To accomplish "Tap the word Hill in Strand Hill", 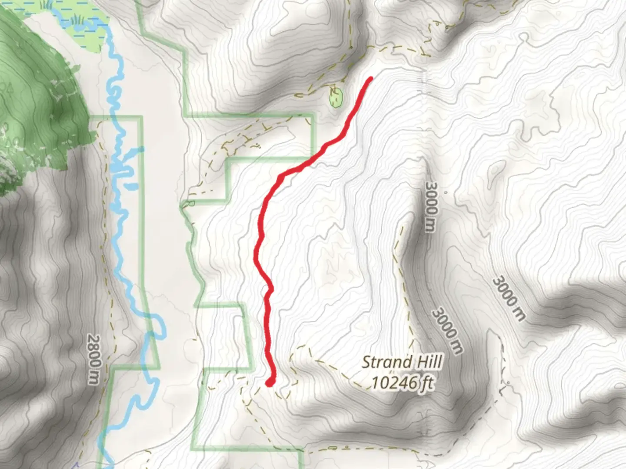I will (427, 362).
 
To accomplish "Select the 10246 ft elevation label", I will (402, 383).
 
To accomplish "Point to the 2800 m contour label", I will (93, 359).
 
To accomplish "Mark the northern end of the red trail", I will (371, 79).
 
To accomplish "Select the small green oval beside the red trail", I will (336, 98).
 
